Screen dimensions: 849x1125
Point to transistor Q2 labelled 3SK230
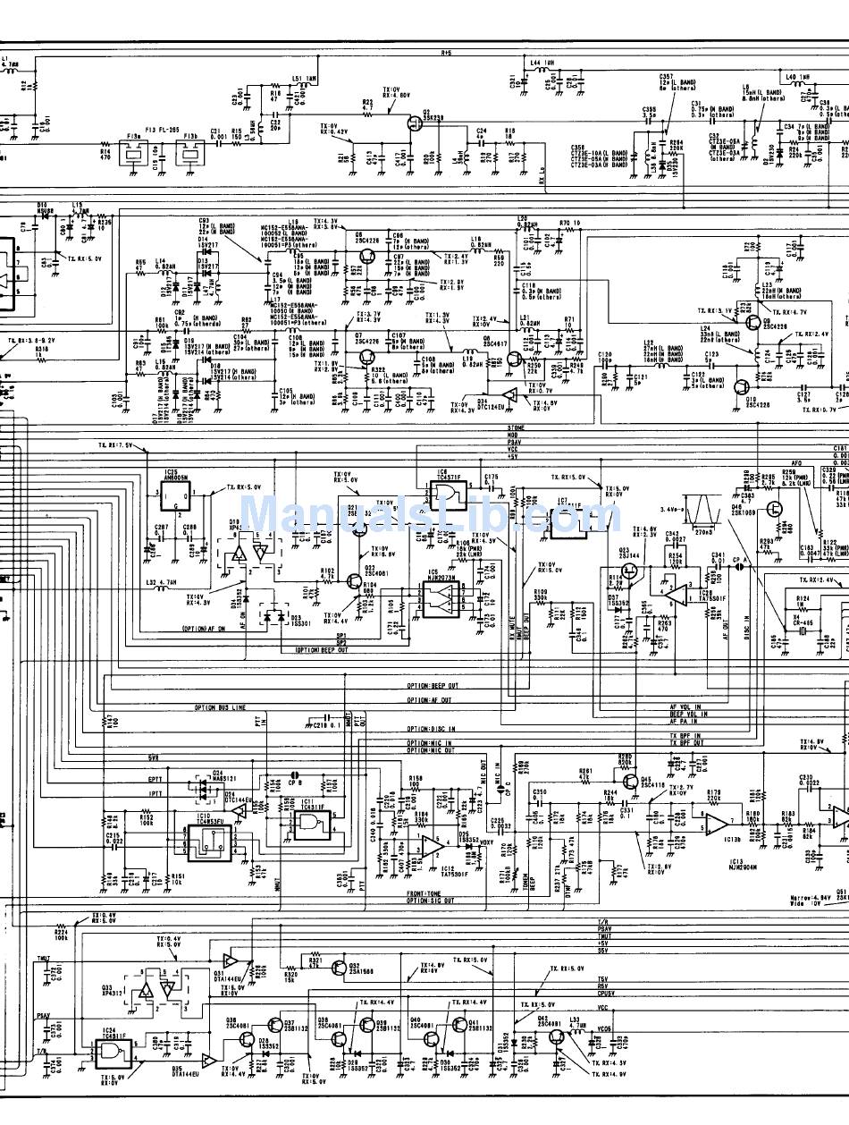413,125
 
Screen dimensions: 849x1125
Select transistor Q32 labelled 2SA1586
339,969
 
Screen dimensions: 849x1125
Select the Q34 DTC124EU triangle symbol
509,396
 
